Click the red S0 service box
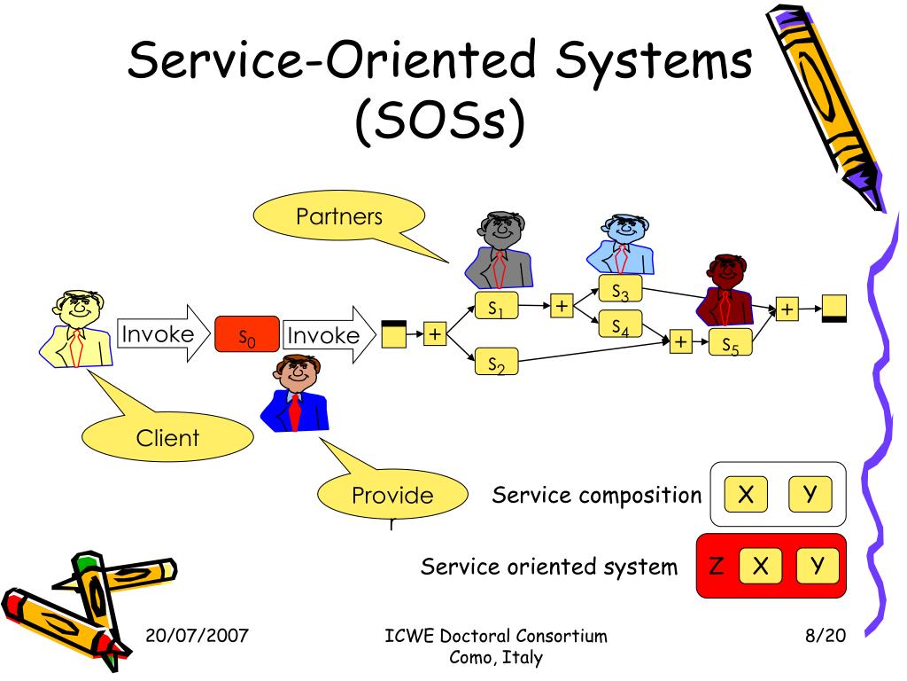tap(247, 334)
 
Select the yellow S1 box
tap(496, 306)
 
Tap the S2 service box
tap(496, 362)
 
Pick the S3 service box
tap(620, 289)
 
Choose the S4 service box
tap(620, 325)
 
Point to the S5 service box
tap(731, 342)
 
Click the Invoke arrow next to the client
tap(164, 333)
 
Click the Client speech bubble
tap(167, 436)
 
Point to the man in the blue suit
tap(296, 393)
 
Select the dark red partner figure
tap(725, 290)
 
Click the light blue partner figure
tap(621, 244)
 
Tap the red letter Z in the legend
tap(716, 565)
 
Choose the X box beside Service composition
tap(746, 494)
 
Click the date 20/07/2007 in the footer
tap(197, 635)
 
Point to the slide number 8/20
tap(826, 635)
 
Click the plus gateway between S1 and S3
tap(562, 305)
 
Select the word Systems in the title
tap(654, 60)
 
